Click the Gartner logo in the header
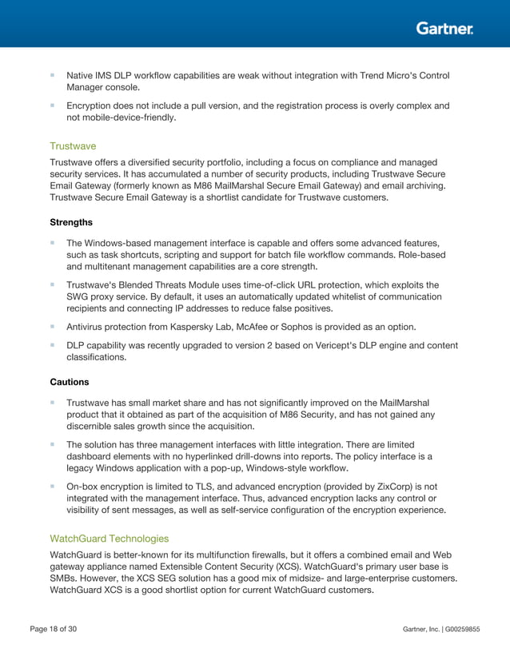444,28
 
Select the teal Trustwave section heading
72,146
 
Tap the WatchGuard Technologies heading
110,539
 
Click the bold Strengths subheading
71,222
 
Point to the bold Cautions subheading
70,382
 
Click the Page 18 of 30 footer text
54,630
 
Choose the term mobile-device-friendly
129,117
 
